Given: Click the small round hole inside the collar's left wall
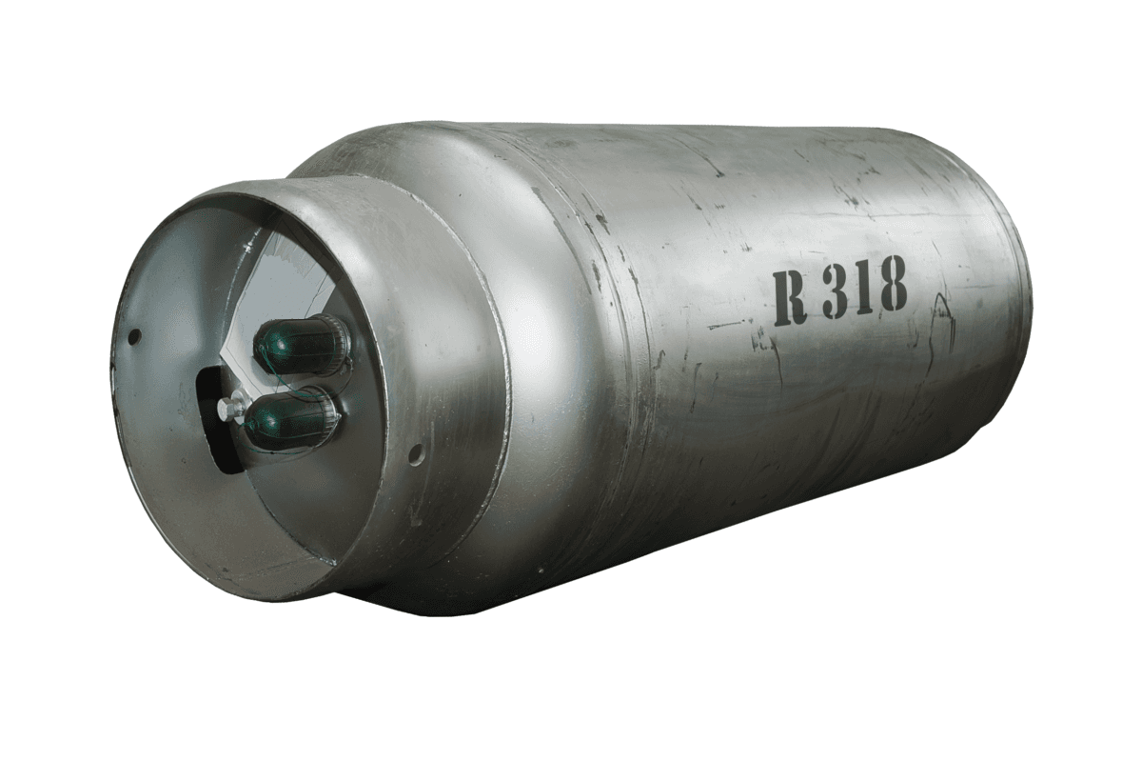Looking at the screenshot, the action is tap(134, 336).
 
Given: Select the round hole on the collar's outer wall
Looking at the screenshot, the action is tap(417, 451).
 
